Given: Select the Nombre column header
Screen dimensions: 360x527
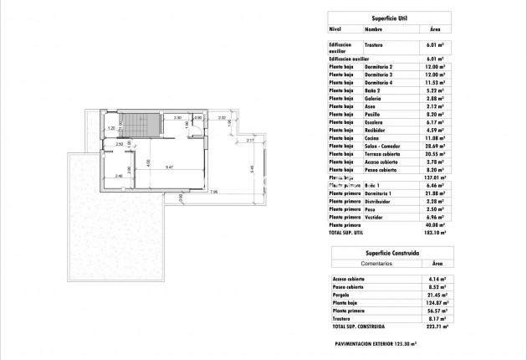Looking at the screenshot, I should coord(373,28).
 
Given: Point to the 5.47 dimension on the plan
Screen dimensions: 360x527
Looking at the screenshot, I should coord(169,168).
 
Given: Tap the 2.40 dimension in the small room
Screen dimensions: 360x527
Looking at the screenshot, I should coord(119,176).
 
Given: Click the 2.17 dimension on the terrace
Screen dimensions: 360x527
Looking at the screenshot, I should coord(250,141).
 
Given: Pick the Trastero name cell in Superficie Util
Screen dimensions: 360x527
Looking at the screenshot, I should coord(374,45).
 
